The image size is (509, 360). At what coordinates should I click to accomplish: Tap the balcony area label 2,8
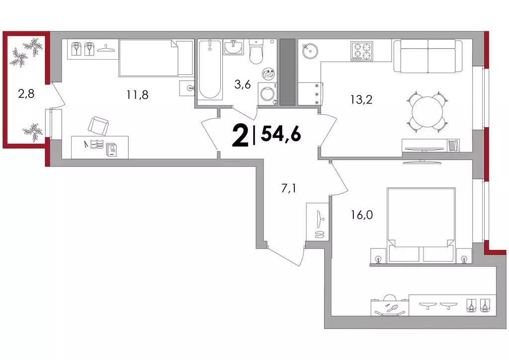(x=26, y=94)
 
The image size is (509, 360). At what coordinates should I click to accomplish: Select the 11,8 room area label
(x=138, y=95)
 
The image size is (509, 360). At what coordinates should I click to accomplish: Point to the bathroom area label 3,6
(x=243, y=85)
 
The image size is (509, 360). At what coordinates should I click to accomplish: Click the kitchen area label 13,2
(x=361, y=99)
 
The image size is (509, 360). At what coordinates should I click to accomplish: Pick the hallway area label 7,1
(x=288, y=188)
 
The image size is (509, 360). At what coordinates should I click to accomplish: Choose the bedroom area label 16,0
(x=361, y=215)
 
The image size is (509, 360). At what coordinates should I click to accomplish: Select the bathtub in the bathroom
(x=210, y=69)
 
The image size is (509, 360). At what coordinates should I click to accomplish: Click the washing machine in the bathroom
(x=267, y=93)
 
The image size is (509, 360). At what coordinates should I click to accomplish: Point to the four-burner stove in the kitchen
(x=362, y=51)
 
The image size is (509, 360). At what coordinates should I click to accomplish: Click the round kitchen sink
(x=310, y=51)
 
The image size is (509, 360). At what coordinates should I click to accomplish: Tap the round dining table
(x=427, y=112)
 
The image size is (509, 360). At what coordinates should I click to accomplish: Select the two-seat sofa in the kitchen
(x=428, y=56)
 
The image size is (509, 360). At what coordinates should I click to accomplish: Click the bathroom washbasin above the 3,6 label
(x=233, y=47)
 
